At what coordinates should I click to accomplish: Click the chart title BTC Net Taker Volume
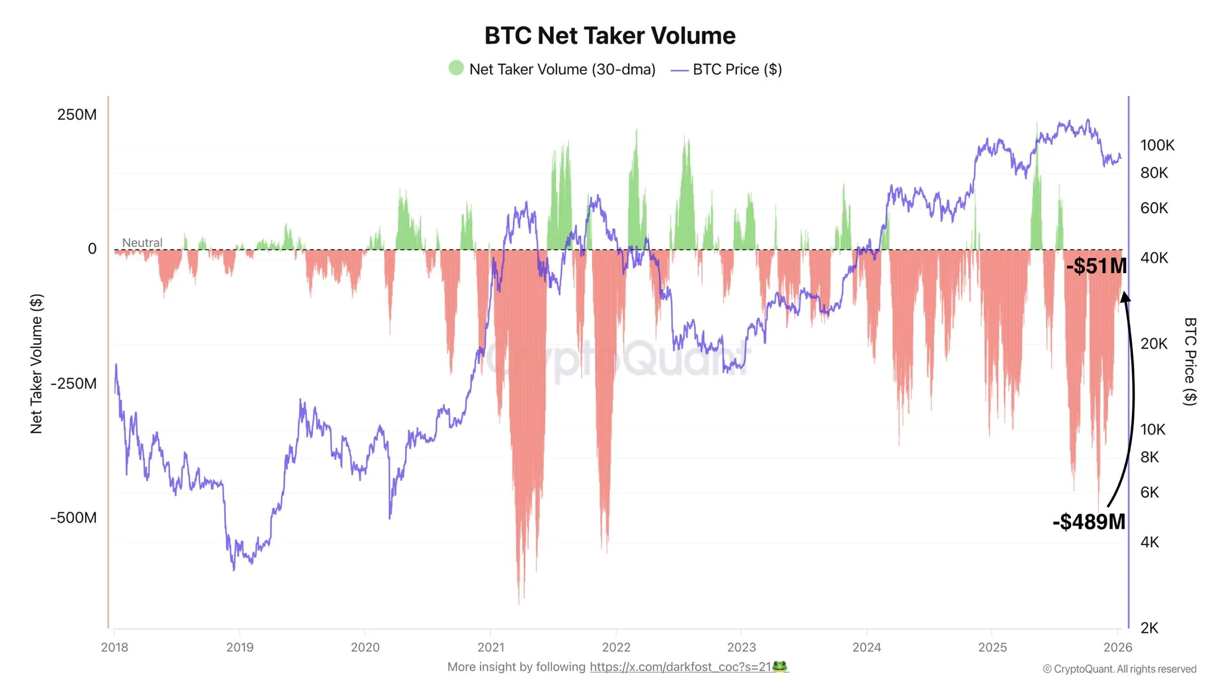(609, 36)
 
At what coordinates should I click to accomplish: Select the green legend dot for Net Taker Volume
(456, 68)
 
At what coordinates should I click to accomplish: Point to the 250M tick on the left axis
(77, 114)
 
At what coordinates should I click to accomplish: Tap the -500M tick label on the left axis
(73, 517)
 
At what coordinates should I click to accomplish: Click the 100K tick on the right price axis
(1157, 145)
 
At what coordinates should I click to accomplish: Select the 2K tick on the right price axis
(1149, 628)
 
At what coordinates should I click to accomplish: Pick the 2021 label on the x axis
(491, 647)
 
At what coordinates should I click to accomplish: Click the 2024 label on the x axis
(866, 647)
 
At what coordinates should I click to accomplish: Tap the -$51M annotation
(1096, 266)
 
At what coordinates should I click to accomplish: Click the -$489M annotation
(1089, 522)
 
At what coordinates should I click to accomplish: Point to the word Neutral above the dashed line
(142, 243)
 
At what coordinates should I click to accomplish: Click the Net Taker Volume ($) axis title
(37, 364)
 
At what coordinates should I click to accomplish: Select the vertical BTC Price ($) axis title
(1190, 361)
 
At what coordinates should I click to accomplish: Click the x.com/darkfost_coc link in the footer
(680, 667)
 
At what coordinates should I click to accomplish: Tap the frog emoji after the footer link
(779, 666)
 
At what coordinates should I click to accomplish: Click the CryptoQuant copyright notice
(1119, 669)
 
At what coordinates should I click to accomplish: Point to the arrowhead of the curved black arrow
(1125, 297)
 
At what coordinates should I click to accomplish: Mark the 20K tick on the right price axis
(1154, 343)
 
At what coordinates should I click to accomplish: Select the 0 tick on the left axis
(92, 249)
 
